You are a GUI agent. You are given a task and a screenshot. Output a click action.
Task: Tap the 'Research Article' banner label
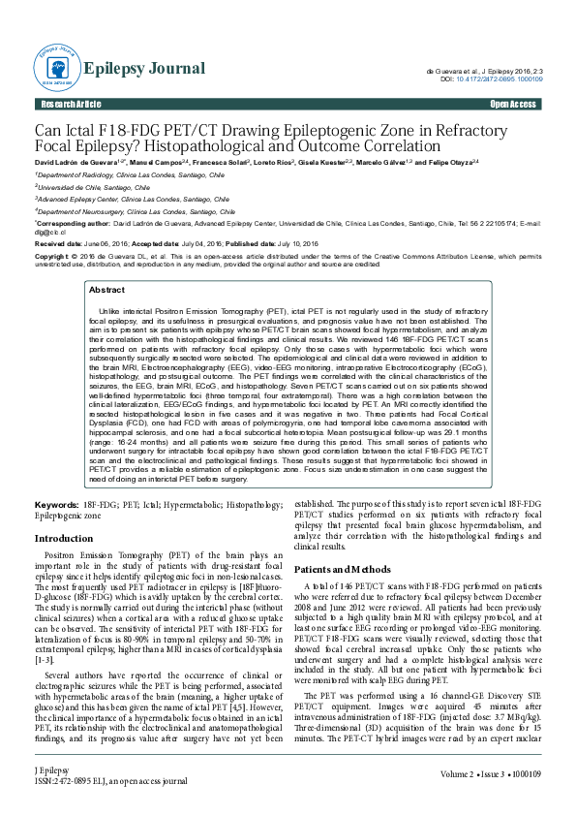(x=70, y=104)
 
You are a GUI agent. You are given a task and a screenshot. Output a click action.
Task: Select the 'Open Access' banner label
(x=513, y=104)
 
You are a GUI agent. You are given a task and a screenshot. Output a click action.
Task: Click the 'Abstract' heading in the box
(x=106, y=290)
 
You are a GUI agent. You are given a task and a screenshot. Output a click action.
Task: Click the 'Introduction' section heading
(x=64, y=538)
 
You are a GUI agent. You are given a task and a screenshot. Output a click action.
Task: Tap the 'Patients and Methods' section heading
(x=342, y=570)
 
